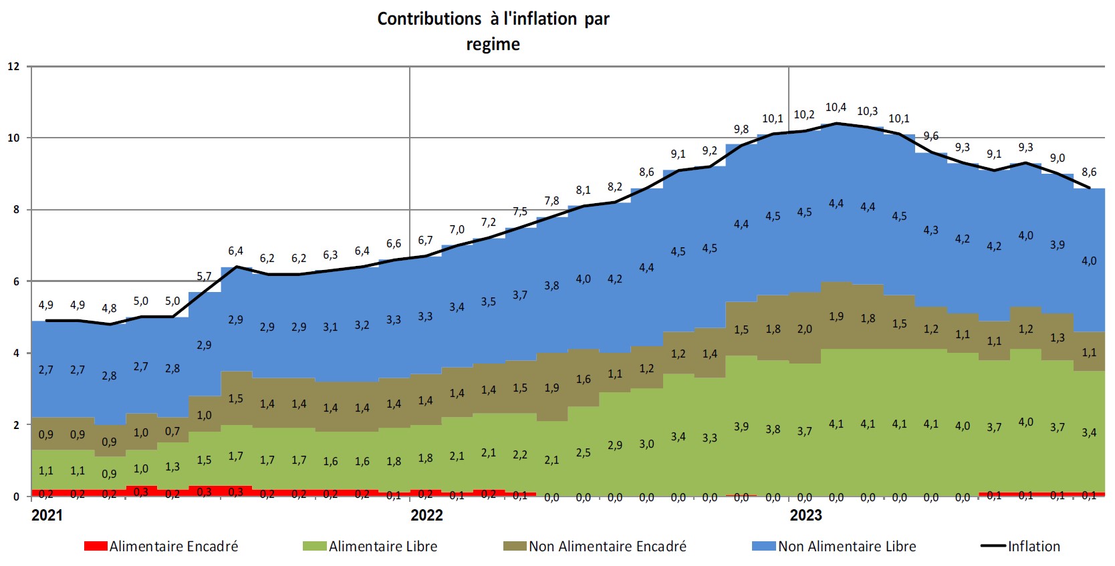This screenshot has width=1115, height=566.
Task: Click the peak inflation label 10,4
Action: (836, 108)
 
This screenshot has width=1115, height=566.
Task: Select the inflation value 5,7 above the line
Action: (204, 277)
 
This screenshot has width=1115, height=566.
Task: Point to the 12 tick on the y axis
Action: (14, 66)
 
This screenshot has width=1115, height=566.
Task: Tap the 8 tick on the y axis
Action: (16, 210)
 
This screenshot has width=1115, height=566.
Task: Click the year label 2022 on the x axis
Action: (426, 515)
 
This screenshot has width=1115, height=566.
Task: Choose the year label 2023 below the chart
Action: (806, 515)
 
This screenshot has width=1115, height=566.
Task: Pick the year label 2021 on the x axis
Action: (47, 515)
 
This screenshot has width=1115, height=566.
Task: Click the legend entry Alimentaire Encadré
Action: (173, 547)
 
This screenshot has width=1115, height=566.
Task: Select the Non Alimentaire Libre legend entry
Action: (846, 547)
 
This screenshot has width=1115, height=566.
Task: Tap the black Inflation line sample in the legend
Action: (993, 547)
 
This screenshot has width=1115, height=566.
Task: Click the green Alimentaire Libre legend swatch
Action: (314, 547)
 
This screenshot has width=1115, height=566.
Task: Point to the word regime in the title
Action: (493, 45)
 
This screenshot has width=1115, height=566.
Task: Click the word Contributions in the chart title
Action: (428, 19)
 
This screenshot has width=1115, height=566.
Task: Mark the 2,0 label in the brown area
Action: (804, 329)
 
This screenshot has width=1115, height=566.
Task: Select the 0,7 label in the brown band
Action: (172, 432)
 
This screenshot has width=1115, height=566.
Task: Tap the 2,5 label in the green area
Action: (583, 453)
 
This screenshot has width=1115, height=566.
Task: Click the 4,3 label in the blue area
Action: (931, 230)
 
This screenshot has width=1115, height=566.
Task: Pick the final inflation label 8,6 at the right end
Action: (1089, 172)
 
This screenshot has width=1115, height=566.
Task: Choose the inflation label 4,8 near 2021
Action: (109, 309)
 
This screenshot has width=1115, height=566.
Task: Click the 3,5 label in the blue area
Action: (488, 302)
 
